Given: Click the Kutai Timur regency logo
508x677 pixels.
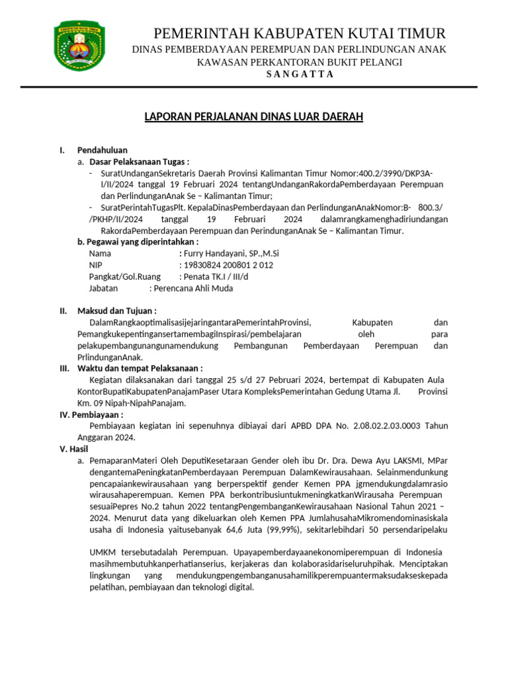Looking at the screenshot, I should pos(79,49).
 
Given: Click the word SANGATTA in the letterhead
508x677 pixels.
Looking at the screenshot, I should pos(300,74).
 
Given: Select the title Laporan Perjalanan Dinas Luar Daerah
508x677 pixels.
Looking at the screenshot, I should pos(254,117).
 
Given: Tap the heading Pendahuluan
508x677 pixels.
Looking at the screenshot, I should pos(102,150).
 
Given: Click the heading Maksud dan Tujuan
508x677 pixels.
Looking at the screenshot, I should pos(116,311).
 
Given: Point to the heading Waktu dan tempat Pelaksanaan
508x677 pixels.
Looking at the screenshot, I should pos(140,368).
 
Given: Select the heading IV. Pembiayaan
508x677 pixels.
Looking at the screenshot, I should pos(92,415).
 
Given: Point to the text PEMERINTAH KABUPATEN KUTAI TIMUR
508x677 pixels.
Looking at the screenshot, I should pos(300,33).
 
